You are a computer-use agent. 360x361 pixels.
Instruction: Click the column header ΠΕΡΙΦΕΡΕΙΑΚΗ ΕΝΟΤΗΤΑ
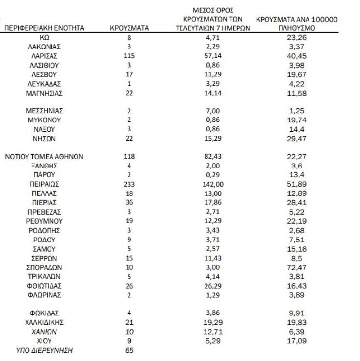point(44,28)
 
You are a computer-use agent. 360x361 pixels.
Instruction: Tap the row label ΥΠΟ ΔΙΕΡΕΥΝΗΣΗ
point(44,351)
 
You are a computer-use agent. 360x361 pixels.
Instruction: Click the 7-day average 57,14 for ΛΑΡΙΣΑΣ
point(213,56)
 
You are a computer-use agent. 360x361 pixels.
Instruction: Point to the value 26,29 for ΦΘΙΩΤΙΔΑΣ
point(213,286)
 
